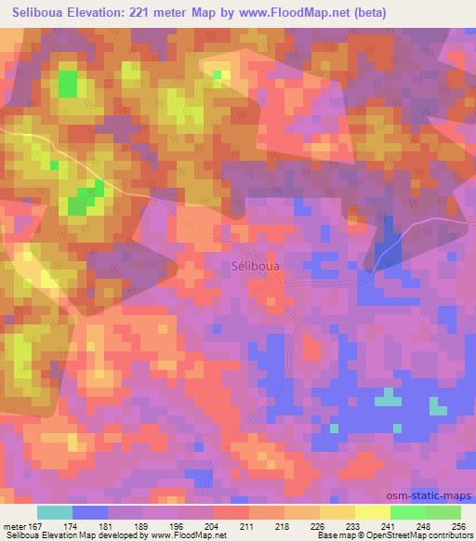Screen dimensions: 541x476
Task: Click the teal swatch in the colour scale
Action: coord(55,512)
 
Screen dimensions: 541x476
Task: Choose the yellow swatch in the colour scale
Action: coord(372,512)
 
